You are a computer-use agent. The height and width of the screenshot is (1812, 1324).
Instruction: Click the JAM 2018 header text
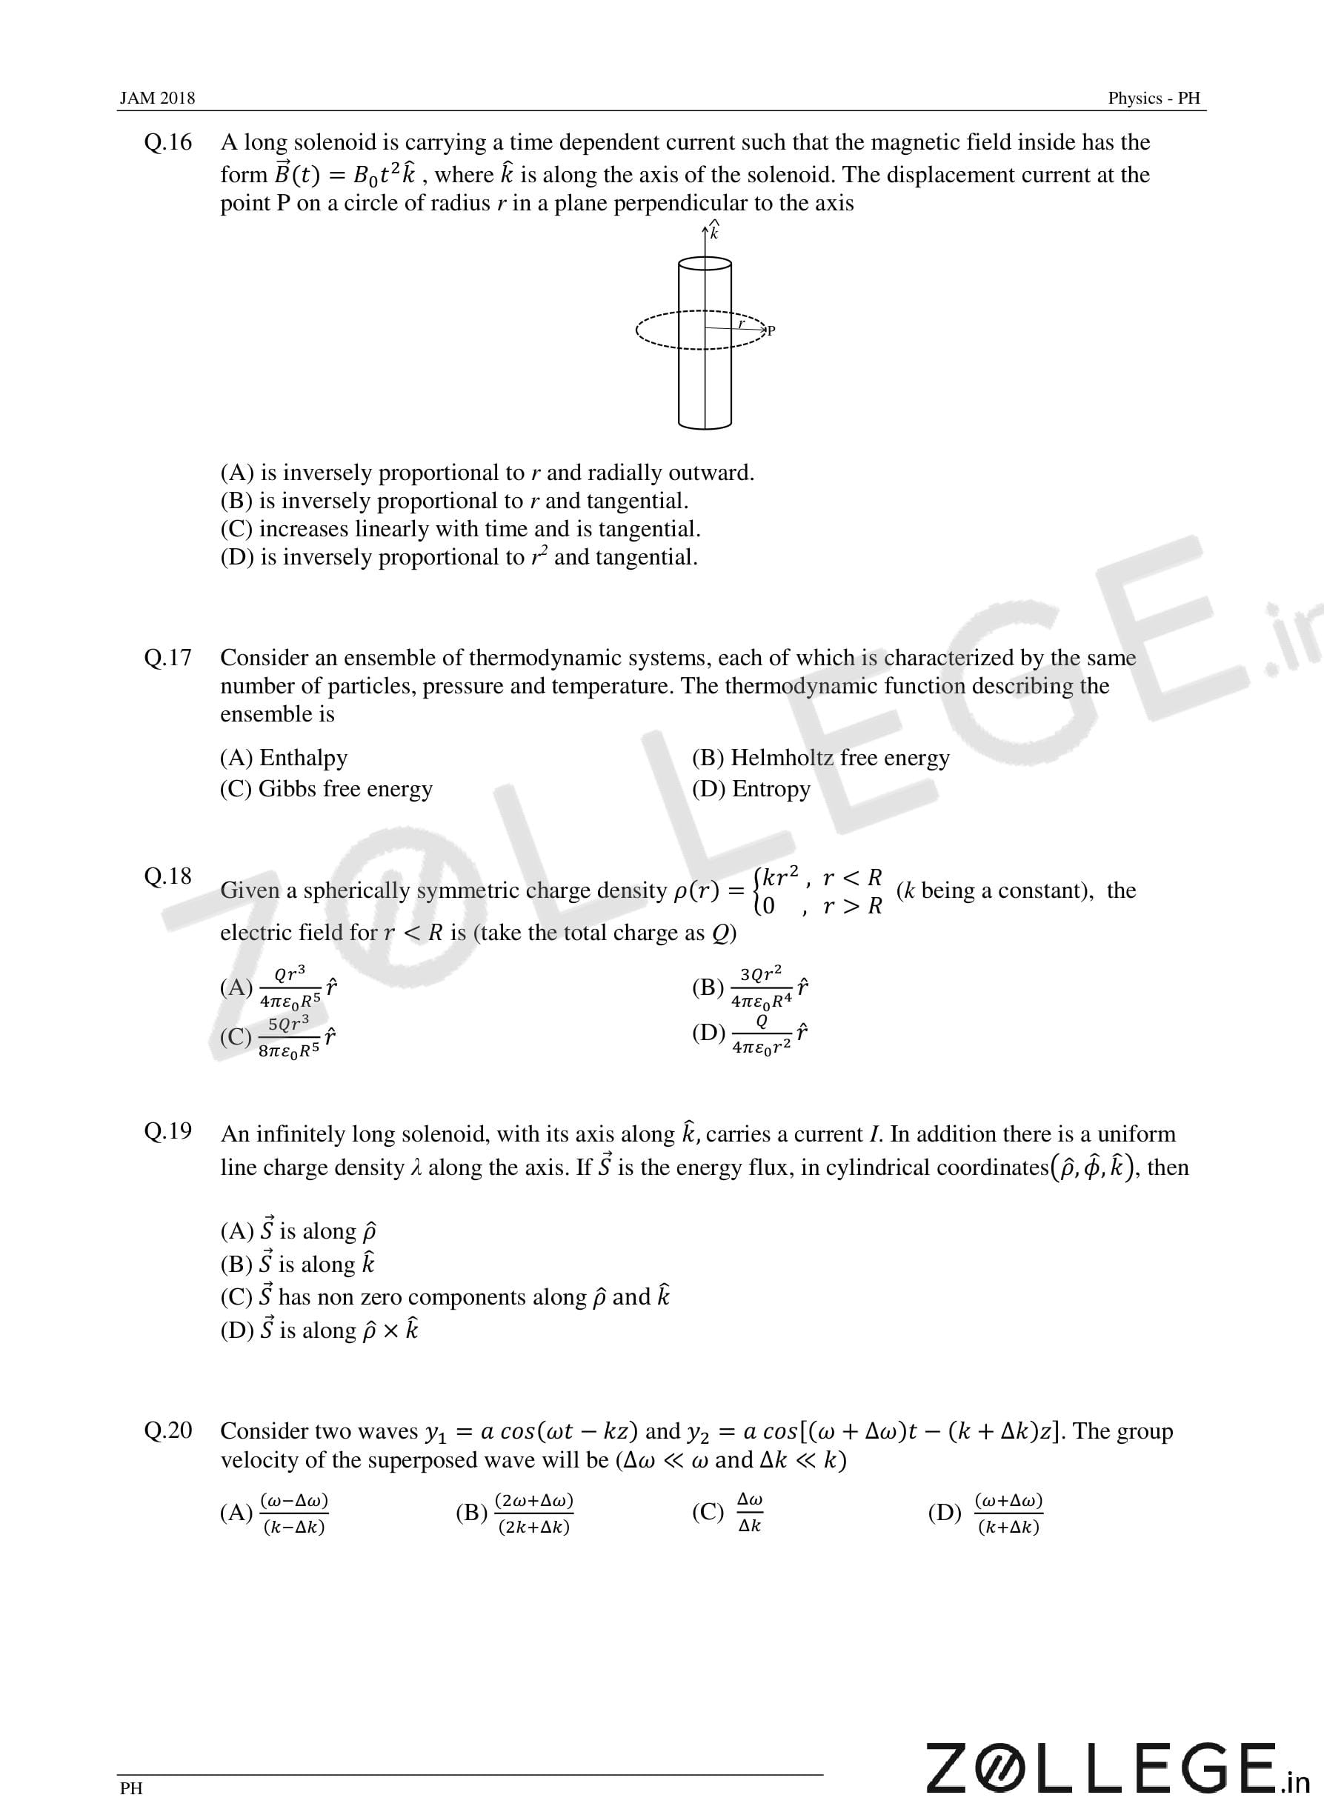[x=157, y=98]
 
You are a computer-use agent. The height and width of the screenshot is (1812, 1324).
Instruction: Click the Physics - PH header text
[x=1154, y=98]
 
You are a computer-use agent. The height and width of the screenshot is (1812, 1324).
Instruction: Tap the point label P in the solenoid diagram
[x=771, y=330]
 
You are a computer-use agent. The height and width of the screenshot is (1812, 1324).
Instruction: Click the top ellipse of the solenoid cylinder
[x=705, y=264]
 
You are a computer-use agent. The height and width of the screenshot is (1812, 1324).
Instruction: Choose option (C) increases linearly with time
[x=460, y=529]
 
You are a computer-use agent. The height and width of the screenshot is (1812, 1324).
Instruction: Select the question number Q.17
[x=168, y=657]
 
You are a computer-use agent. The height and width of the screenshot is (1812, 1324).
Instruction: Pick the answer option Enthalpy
[x=284, y=757]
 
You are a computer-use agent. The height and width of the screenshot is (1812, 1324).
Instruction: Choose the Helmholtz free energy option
[x=821, y=757]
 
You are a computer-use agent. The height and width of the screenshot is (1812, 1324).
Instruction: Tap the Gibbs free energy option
[x=326, y=789]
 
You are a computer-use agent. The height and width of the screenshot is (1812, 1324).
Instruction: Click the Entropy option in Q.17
[x=751, y=789]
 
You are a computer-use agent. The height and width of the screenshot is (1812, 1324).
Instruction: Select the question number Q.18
[x=168, y=876]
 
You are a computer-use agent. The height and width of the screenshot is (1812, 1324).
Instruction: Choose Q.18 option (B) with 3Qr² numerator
[x=750, y=987]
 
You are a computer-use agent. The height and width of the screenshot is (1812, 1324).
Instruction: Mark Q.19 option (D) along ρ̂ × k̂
[x=319, y=1330]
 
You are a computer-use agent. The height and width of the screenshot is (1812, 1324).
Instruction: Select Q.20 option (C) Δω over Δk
[x=728, y=1512]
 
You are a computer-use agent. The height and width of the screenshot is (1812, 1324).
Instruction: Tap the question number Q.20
[x=168, y=1430]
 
